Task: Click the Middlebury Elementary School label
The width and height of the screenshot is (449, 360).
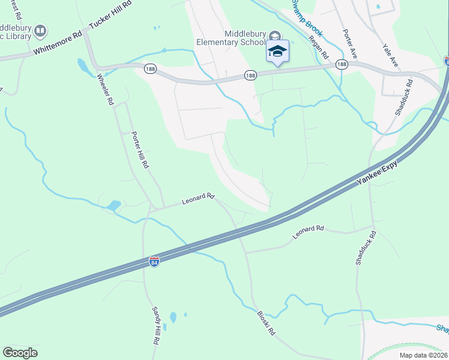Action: coord(231,38)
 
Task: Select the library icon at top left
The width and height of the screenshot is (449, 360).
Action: coord(40,30)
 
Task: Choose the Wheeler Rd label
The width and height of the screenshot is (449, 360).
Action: coord(105,89)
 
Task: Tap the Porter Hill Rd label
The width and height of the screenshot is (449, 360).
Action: coord(139,150)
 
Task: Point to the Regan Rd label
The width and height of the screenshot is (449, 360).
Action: coord(318,46)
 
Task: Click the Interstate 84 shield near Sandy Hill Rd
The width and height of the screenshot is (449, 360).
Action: coord(154,262)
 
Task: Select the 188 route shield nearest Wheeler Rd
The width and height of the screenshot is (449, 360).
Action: coord(150,70)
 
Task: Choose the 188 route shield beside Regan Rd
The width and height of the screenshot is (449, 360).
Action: coord(342,65)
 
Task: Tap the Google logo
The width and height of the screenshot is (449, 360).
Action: coord(20,353)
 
